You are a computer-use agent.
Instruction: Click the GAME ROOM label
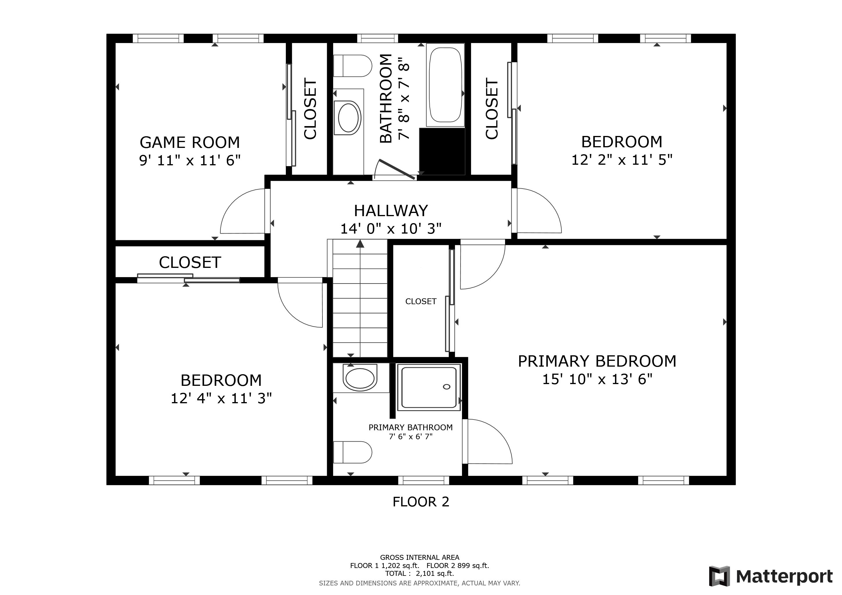click(x=190, y=142)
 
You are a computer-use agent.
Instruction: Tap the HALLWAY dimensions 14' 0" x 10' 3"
click(x=391, y=229)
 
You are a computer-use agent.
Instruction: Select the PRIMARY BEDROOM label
click(x=597, y=361)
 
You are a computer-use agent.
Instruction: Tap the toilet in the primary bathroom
click(x=352, y=452)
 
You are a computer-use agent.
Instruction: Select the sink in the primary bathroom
click(x=360, y=378)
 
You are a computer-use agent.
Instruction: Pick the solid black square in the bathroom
click(x=442, y=151)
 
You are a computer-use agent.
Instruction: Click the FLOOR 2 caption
click(x=421, y=501)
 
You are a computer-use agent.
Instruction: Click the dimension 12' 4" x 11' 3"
click(x=221, y=398)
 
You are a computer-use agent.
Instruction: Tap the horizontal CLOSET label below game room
click(x=190, y=262)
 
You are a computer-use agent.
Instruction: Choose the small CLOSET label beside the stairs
click(x=421, y=301)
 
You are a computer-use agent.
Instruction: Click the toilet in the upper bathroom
click(x=352, y=66)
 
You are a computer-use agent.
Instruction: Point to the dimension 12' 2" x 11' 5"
click(x=622, y=160)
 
